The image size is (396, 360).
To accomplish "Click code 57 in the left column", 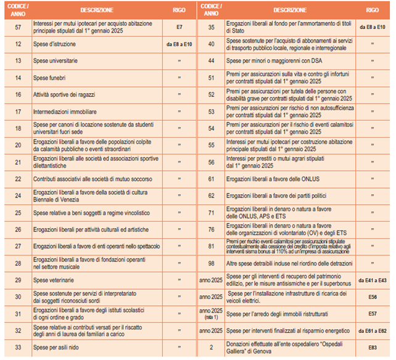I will point(18,28).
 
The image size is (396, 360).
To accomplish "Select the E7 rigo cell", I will point(179,28).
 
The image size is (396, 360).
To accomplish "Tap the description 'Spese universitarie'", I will point(56,61).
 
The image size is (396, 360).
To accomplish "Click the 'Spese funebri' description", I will point(49,78).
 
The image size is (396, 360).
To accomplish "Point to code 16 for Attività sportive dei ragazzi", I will point(18,95).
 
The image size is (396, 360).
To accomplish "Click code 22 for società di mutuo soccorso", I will point(18,179).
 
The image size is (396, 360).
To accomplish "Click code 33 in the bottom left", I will point(18,347).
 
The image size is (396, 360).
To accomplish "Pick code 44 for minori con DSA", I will point(212,61).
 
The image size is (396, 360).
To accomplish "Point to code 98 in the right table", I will point(212,263).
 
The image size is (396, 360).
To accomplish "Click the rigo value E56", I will point(373,297).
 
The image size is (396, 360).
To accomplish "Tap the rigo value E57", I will point(373,313).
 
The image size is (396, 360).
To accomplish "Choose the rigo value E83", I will point(373,347).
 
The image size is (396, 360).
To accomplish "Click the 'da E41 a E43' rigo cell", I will point(373,279).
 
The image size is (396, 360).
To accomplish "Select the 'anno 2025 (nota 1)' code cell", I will point(212,313).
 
